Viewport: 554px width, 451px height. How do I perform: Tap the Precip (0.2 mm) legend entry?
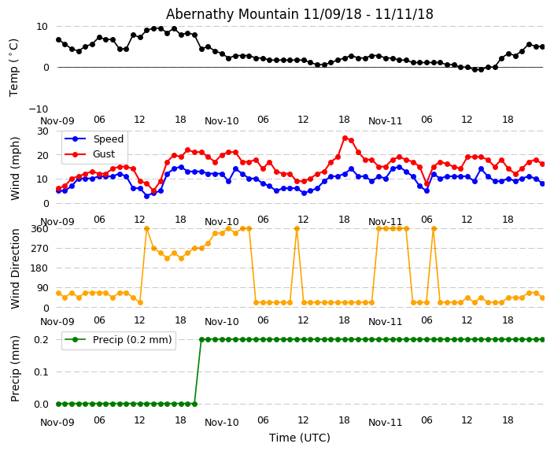click(131, 340)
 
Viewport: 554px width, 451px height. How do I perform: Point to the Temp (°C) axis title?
click(14, 67)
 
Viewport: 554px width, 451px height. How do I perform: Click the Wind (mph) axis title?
click(15, 168)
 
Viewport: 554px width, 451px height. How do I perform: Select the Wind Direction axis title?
click(15, 268)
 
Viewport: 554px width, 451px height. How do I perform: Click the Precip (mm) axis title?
click(15, 368)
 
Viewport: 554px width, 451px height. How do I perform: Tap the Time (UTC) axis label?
click(299, 438)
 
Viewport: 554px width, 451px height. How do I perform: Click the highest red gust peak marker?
click(345, 138)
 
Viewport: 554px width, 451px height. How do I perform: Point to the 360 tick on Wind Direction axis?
click(39, 228)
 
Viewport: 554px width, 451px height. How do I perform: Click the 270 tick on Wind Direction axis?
click(39, 248)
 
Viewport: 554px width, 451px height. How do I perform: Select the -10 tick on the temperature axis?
click(39, 109)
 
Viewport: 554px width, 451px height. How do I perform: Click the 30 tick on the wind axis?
click(42, 131)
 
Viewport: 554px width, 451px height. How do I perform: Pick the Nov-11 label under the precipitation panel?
click(385, 422)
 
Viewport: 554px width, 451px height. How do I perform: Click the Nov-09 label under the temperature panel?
click(57, 121)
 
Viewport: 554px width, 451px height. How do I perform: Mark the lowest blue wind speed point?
click(146, 196)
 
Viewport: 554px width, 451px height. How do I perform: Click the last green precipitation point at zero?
click(194, 404)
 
